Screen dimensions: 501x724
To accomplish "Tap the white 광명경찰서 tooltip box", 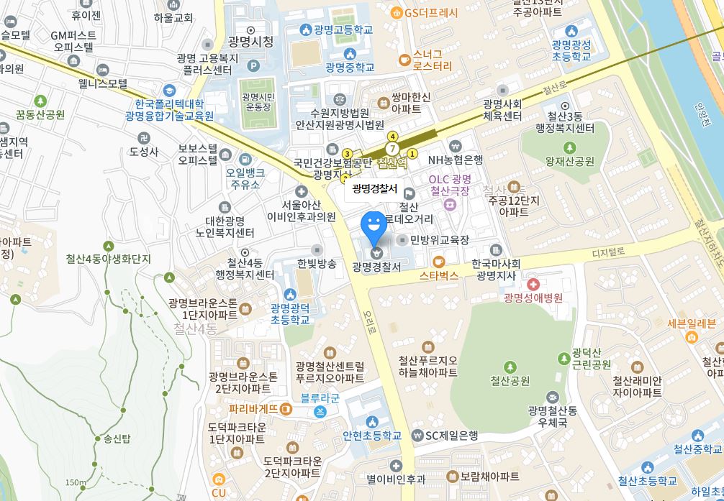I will pyautogui.click(x=374, y=189).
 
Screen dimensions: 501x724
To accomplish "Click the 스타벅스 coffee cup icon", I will pyautogui.click(x=438, y=262).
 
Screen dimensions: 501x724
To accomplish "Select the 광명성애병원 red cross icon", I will pyautogui.click(x=533, y=285).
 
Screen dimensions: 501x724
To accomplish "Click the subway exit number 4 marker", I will pyautogui.click(x=392, y=137).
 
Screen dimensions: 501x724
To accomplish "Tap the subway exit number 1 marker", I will pyautogui.click(x=412, y=153).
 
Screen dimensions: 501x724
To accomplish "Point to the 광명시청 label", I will pyautogui.click(x=250, y=42).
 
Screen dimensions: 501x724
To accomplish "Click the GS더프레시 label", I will pyautogui.click(x=431, y=12).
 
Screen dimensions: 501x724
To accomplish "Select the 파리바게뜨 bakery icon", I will pyautogui.click(x=286, y=409).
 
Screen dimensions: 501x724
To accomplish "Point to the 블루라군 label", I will pyautogui.click(x=320, y=397).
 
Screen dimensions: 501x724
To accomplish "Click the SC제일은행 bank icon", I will pyautogui.click(x=417, y=436).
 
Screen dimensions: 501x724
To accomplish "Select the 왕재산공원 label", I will pyautogui.click(x=569, y=161).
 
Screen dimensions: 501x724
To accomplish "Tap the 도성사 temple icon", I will pyautogui.click(x=144, y=137).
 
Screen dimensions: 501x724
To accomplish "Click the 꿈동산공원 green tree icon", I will pyautogui.click(x=40, y=101).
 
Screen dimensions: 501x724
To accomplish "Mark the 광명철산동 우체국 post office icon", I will pyautogui.click(x=552, y=397).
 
